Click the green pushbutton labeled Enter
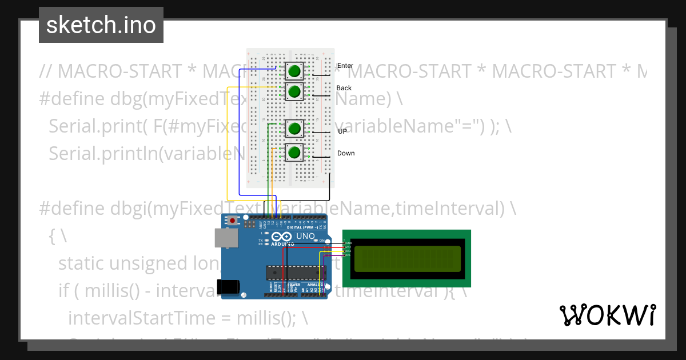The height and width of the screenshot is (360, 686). pyautogui.click(x=294, y=71)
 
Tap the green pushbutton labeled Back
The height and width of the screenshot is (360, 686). pyautogui.click(x=294, y=91)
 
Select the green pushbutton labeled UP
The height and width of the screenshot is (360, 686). pyautogui.click(x=294, y=128)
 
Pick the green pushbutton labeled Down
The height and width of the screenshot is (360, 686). pyautogui.click(x=294, y=153)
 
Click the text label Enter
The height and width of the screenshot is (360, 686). pyautogui.click(x=345, y=66)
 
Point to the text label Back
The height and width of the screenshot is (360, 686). pyautogui.click(x=344, y=88)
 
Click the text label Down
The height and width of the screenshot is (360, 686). pyautogui.click(x=346, y=153)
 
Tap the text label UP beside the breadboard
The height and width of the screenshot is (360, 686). pyautogui.click(x=342, y=131)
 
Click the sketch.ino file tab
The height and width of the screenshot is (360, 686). pyautogui.click(x=101, y=25)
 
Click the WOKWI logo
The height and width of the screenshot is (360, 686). pyautogui.click(x=607, y=315)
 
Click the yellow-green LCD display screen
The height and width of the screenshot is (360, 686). pyautogui.click(x=408, y=258)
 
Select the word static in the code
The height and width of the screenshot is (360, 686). pyautogui.click(x=86, y=263)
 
